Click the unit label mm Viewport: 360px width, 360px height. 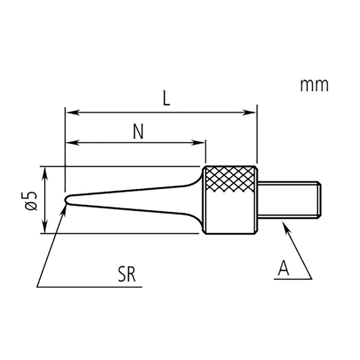(314, 86)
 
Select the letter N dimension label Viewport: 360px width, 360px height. (137, 132)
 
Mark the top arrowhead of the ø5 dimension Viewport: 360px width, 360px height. (45, 171)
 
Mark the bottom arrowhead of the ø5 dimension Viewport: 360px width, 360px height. (45, 228)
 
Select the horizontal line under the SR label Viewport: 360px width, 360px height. (90, 287)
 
